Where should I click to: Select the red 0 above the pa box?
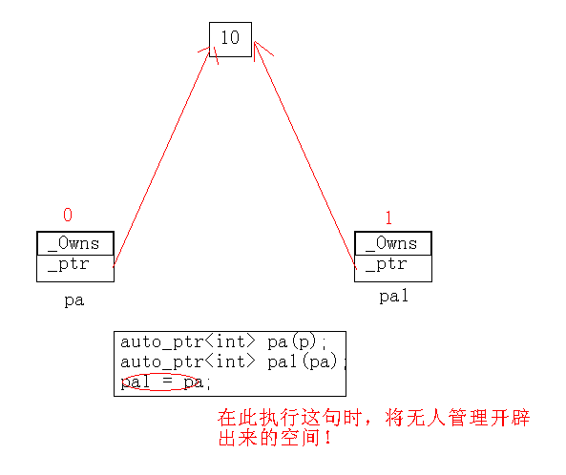tap(68, 215)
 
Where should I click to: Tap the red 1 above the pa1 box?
tap(388, 217)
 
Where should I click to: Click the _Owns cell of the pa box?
tap(75, 243)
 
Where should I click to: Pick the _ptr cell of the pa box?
tap(75, 268)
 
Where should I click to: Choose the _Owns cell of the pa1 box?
tap(393, 243)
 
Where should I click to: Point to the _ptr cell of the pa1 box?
tap(393, 268)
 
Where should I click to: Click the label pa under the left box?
tap(74, 300)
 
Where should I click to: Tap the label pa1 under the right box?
tap(394, 296)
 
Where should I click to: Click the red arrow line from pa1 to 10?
tap(305, 155)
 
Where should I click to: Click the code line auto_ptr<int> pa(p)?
tap(223, 341)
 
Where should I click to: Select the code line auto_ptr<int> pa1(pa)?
tap(233, 361)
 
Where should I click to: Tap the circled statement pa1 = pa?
tap(166, 382)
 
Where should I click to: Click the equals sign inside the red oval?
tap(167, 381)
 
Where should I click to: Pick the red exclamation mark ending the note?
tap(327, 438)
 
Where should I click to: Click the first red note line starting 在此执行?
tap(373, 418)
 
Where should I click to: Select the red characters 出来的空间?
tap(269, 438)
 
